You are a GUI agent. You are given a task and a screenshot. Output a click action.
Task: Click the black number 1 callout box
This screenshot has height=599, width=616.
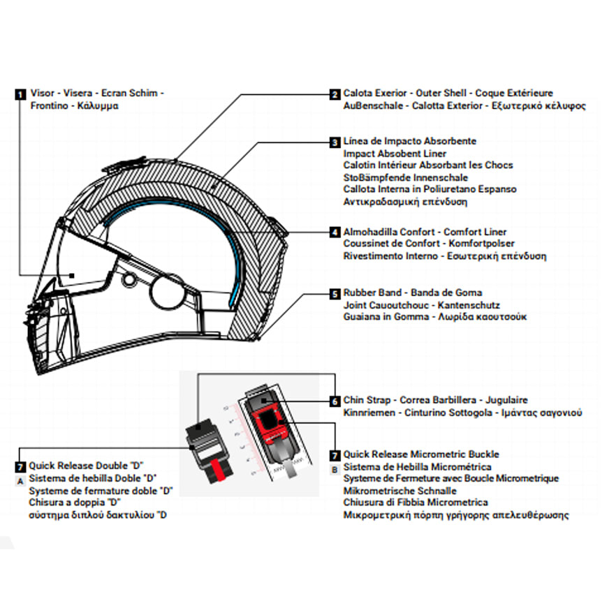(x=20, y=93)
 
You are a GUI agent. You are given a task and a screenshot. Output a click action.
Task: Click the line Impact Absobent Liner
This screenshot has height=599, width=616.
(x=395, y=154)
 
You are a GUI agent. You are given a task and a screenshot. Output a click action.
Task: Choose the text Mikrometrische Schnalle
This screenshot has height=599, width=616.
(x=391, y=491)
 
